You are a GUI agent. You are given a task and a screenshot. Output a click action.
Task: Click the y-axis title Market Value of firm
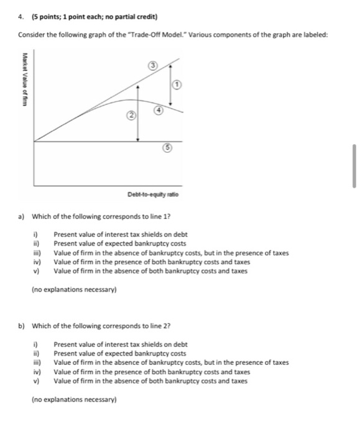[x=25, y=81]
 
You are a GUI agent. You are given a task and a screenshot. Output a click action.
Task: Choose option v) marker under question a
[x=35, y=271]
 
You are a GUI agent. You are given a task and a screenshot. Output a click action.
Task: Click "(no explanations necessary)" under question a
[x=69, y=288]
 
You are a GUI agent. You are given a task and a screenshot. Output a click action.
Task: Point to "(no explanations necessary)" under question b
[x=69, y=399]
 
